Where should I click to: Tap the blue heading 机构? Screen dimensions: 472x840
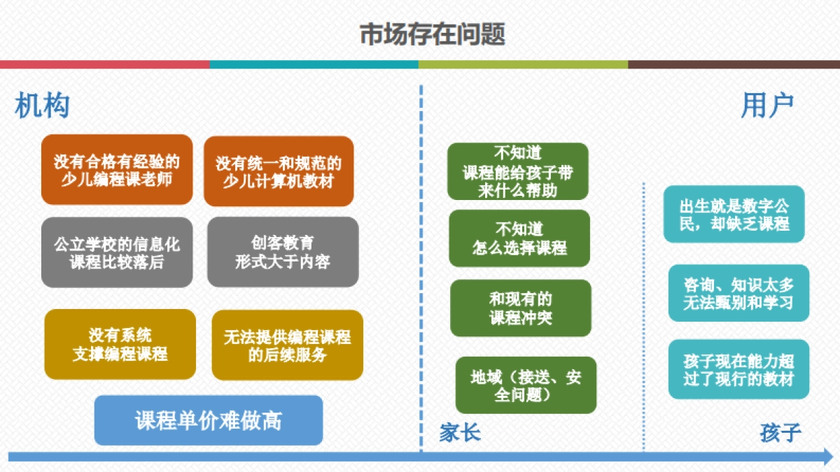click(x=42, y=106)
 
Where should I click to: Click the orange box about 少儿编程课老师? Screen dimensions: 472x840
click(x=117, y=170)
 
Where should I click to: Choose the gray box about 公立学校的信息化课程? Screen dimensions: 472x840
click(x=117, y=252)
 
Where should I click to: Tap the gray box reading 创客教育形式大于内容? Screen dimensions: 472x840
click(x=283, y=252)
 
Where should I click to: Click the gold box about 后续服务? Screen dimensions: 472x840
click(x=287, y=345)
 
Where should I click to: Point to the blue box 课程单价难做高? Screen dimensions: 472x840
click(x=209, y=420)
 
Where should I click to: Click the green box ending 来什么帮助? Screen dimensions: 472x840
click(x=518, y=171)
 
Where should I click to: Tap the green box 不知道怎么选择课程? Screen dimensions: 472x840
click(x=519, y=238)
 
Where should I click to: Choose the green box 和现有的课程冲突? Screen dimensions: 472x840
click(x=521, y=308)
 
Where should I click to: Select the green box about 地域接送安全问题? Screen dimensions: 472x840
click(x=526, y=385)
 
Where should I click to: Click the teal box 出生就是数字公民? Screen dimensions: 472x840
click(x=734, y=214)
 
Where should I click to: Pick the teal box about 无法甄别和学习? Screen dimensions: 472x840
click(x=738, y=293)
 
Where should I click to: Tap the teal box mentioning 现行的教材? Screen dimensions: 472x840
click(x=738, y=369)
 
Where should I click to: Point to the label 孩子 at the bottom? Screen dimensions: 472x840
click(x=780, y=433)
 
